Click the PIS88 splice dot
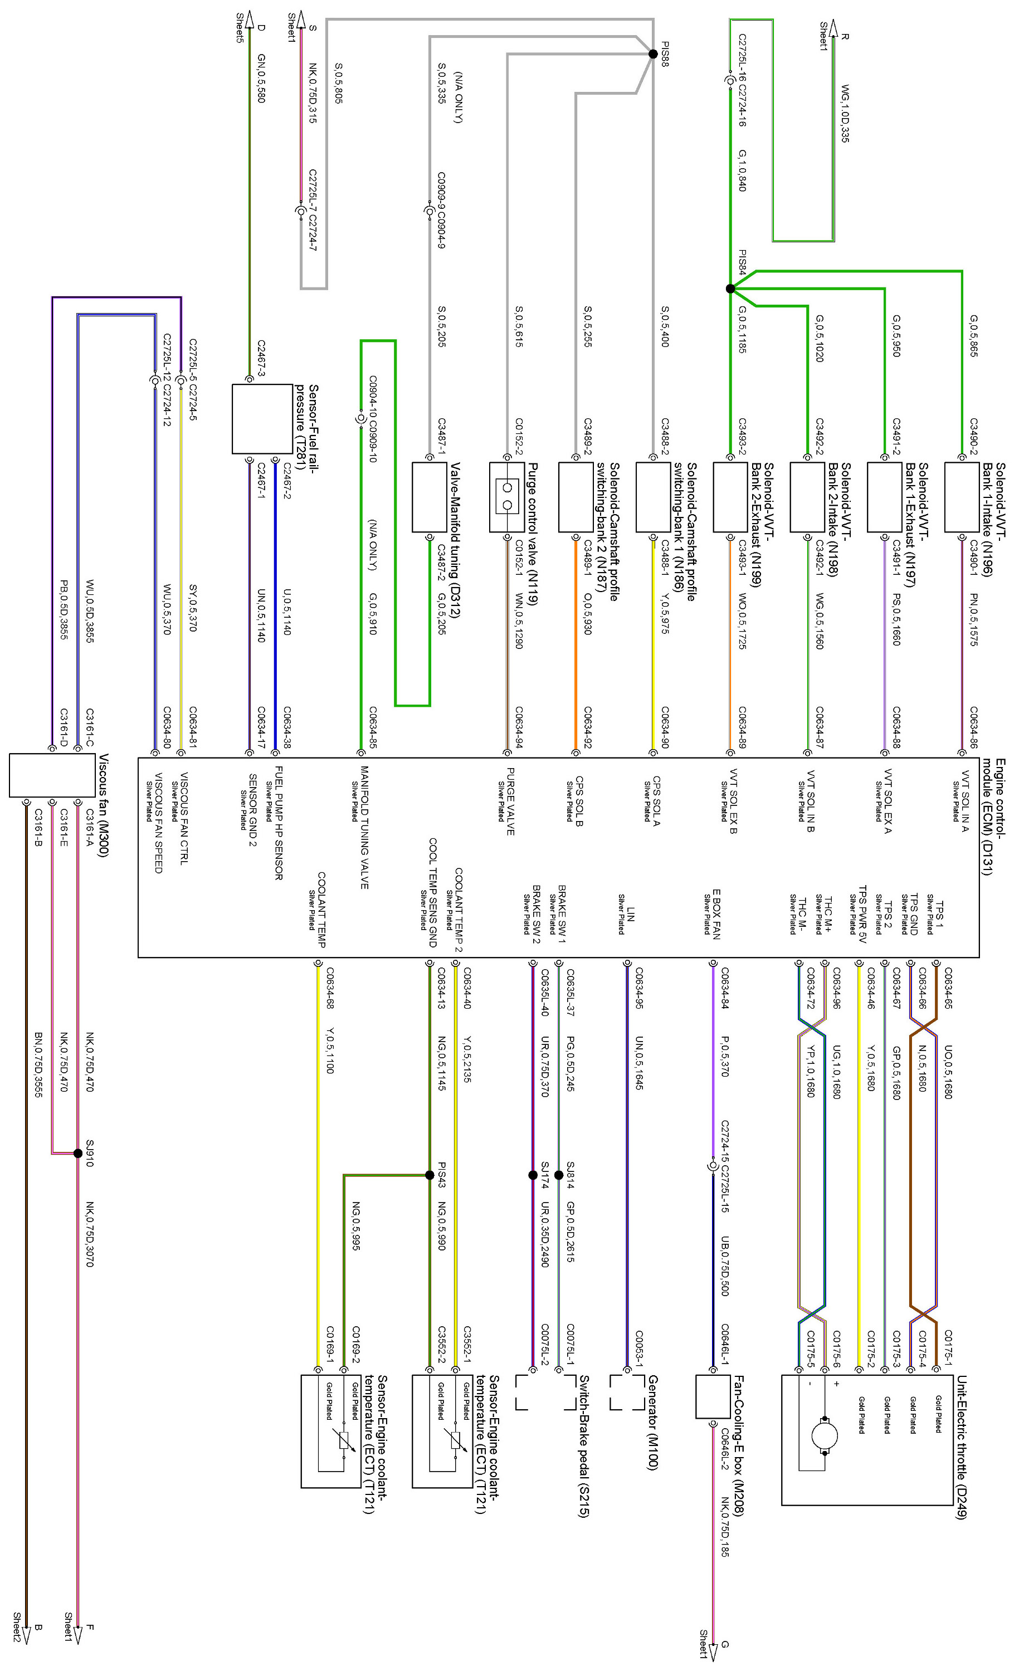(652, 53)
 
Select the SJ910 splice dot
(78, 1153)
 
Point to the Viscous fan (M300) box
(52, 775)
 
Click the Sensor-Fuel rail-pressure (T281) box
(262, 418)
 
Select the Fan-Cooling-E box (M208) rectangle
(712, 1396)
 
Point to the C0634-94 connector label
(519, 727)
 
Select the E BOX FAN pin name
(716, 913)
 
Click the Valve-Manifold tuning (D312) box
(429, 497)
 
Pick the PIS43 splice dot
(429, 1175)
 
